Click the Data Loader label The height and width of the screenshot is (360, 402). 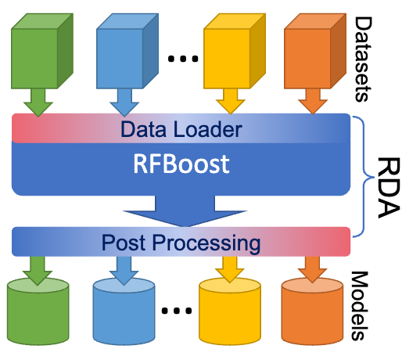coord(181,128)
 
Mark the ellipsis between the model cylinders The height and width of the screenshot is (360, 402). coord(175,309)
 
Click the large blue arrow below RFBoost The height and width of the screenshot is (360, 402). coord(181,211)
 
